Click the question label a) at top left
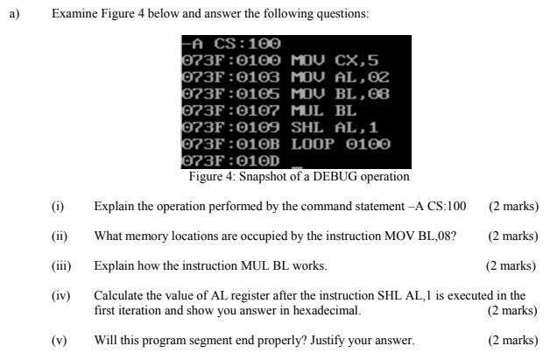[x=14, y=14]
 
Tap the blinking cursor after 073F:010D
[x=297, y=166]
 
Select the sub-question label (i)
[x=58, y=207]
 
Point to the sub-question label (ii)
[x=60, y=236]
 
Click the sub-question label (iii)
[x=61, y=265]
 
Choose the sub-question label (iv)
[x=60, y=295]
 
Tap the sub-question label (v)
[x=59, y=340]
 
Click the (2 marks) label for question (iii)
[x=511, y=265]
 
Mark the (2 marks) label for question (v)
[x=513, y=340]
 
